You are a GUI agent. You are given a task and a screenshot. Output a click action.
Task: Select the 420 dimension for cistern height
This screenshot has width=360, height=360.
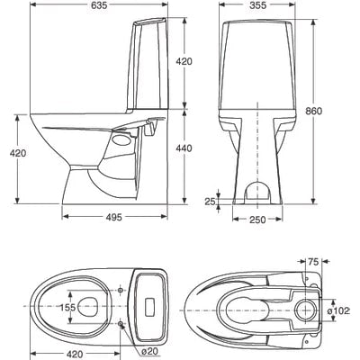(184, 61)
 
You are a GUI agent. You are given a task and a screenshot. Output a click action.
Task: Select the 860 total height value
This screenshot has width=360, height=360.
(337, 111)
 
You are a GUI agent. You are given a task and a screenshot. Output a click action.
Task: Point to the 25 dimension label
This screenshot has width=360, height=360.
(210, 202)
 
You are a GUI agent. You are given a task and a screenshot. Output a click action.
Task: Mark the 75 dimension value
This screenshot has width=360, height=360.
(314, 262)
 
